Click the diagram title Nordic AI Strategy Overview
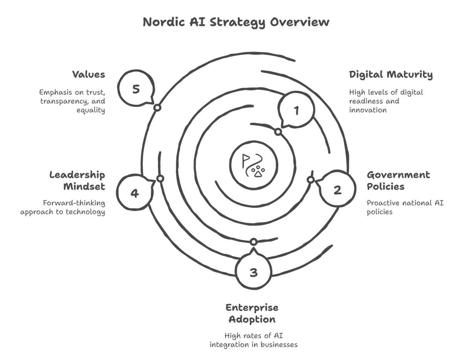pos(236,22)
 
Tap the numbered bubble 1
pos(296,111)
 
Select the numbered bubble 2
pos(337,190)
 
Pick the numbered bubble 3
pos(253,272)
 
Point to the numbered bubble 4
pos(135,193)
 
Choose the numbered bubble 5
pos(136,89)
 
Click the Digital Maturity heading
pos(391,74)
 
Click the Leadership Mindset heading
pos(77,180)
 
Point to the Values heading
pos(88,74)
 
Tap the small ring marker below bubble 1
pos(278,132)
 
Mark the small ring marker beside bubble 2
pos(310,180)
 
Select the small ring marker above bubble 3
pos(254,242)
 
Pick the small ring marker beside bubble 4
pos(160,179)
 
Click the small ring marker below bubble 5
pos(157,107)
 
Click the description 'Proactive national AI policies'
pos(405,207)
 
